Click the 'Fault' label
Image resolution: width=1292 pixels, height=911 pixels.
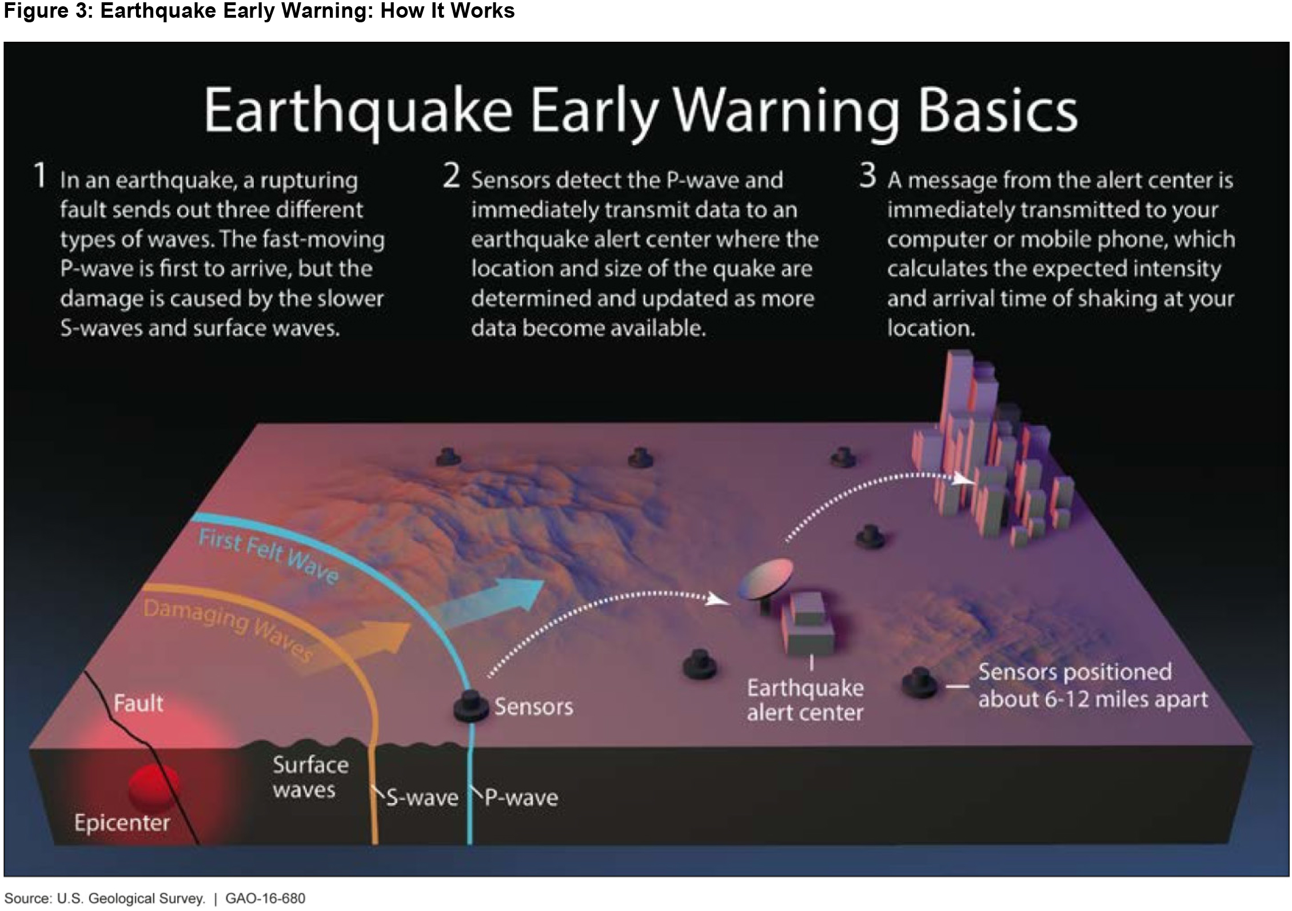pos(138,703)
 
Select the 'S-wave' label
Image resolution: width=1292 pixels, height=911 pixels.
pos(422,797)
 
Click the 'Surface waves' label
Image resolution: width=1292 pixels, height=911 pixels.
pos(310,777)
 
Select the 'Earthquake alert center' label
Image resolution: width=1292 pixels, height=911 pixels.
pos(805,700)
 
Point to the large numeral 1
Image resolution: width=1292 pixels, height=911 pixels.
pos(40,175)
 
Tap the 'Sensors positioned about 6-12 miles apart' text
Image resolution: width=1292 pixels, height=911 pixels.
pos(1093,685)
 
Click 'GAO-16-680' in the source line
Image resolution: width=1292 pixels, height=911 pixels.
pos(265,898)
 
